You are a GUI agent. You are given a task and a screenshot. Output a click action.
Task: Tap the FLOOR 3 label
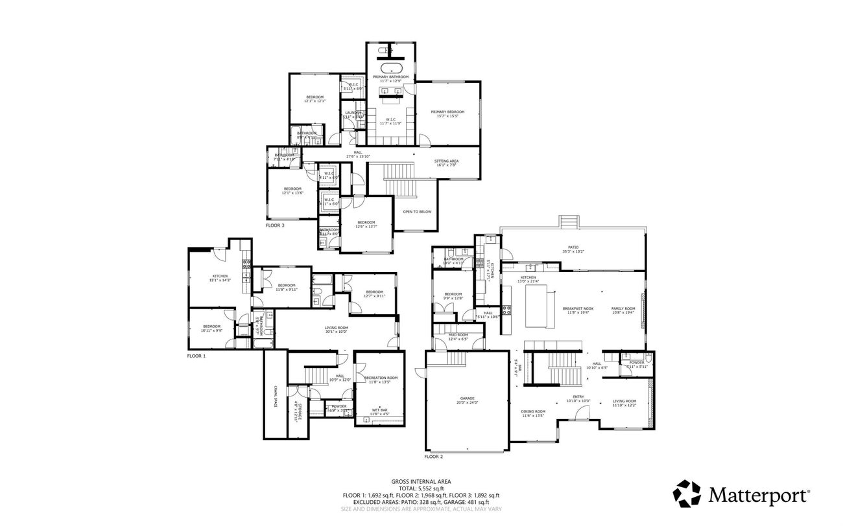point(275,225)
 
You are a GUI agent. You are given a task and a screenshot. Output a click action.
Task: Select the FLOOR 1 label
point(196,356)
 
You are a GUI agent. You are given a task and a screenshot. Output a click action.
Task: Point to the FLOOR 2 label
point(434,457)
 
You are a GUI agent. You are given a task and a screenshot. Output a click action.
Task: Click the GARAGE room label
point(467,398)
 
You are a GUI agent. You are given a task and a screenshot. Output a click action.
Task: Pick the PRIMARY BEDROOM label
point(448,112)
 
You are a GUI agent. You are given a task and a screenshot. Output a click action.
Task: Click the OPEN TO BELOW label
point(417,212)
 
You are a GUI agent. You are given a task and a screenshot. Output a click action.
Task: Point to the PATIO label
point(573,248)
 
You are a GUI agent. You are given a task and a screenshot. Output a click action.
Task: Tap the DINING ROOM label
point(533,411)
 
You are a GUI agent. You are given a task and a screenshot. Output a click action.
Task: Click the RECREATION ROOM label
point(381,378)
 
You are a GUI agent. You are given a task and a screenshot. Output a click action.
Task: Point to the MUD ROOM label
point(458,335)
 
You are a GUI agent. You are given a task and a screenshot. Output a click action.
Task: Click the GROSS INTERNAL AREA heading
point(421,481)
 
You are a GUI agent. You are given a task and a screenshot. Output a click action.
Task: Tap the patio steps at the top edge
point(569,222)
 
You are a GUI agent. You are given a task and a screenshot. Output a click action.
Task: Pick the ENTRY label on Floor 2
point(578,397)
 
